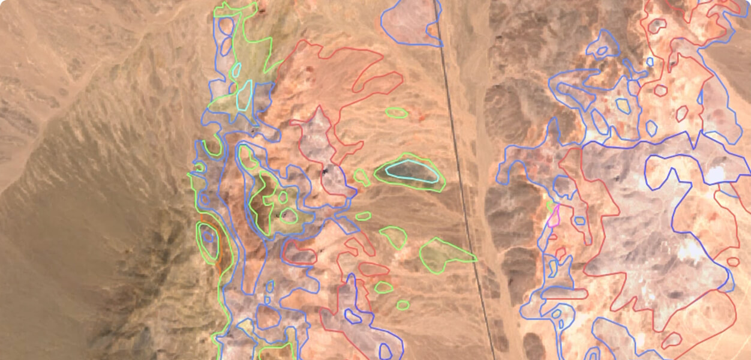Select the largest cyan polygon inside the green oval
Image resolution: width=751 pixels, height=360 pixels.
pyautogui.click(x=411, y=170)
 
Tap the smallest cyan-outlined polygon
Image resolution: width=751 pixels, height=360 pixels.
pyautogui.click(x=236, y=70)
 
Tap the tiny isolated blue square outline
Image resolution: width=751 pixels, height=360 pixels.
pyautogui.click(x=650, y=61)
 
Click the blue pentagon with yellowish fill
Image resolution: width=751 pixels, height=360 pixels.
pyautogui.click(x=623, y=106)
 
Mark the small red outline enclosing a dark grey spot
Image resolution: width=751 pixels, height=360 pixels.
pyautogui.click(x=659, y=25)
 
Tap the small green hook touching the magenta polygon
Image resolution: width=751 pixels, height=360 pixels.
pyautogui.click(x=550, y=206)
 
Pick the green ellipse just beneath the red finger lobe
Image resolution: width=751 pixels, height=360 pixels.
pyautogui.click(x=396, y=112)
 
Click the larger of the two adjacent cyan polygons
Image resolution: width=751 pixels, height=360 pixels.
pyautogui.click(x=244, y=96)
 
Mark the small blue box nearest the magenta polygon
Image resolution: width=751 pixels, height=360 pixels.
pyautogui.click(x=579, y=221)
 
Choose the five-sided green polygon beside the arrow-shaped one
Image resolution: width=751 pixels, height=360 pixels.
pyautogui.click(x=394, y=236)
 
